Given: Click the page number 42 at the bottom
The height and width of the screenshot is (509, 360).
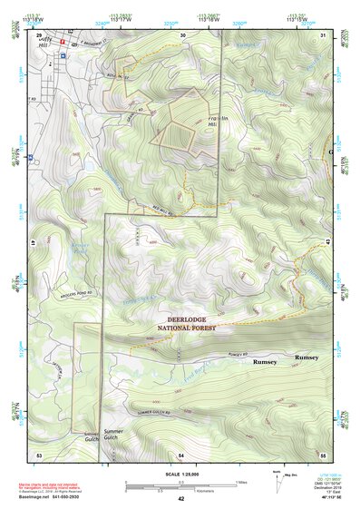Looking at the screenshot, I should click(180, 498).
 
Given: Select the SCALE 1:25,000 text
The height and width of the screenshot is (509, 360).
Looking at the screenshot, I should click(180, 475).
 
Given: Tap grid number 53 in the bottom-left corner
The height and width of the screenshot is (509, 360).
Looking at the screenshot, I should click(39, 452).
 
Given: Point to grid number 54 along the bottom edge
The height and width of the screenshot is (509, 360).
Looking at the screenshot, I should click(181, 452).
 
